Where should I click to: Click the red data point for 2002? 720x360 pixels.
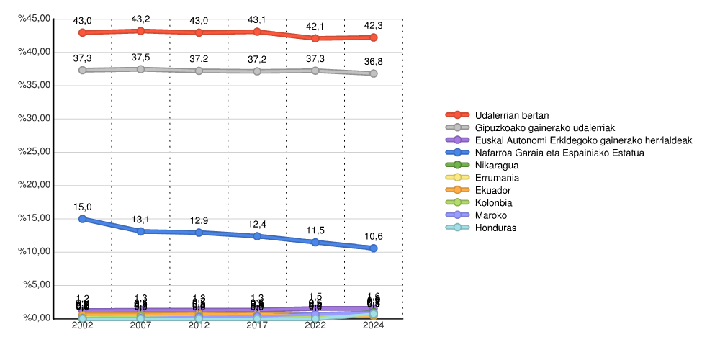[x=83, y=32]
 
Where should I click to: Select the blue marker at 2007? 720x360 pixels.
[x=141, y=231]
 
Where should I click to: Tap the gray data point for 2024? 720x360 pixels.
[x=374, y=73]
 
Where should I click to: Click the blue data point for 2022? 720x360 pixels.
[x=315, y=242]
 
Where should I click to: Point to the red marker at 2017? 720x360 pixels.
[x=257, y=32]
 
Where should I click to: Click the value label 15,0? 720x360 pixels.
[x=83, y=207]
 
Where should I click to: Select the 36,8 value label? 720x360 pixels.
[x=374, y=61]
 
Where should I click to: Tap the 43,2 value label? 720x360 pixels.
[x=141, y=19]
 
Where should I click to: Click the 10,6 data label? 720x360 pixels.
[x=374, y=235]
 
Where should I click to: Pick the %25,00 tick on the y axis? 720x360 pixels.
[x=34, y=152]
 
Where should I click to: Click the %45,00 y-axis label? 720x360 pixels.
[x=34, y=19]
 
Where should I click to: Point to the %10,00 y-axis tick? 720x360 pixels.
[x=34, y=251]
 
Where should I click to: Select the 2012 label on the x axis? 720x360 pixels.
[x=199, y=326]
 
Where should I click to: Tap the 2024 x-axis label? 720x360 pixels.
[x=374, y=326]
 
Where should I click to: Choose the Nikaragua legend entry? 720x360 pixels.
[x=497, y=165]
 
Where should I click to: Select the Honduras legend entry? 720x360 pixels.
[x=495, y=228]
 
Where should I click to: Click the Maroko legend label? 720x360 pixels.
[x=491, y=215]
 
